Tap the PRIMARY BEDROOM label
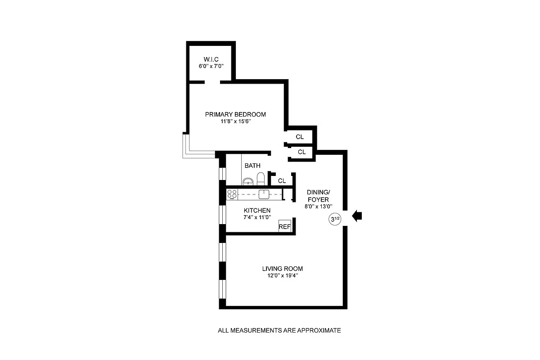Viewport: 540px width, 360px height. [x=235, y=114]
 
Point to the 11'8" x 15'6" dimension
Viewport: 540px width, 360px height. [x=235, y=121]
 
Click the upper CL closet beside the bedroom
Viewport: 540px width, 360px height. [x=300, y=136]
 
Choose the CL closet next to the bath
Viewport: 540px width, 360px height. [x=282, y=180]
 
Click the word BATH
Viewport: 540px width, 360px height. [x=252, y=166]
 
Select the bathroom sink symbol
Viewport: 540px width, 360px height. [x=248, y=181]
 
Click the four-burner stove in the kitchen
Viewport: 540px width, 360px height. [x=232, y=194]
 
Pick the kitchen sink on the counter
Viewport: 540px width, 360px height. [x=264, y=194]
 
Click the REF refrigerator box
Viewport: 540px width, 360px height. [x=284, y=226]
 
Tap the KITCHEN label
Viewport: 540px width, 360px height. [x=257, y=210]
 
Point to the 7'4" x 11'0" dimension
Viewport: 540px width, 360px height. [x=257, y=217]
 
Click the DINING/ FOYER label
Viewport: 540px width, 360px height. [x=318, y=195]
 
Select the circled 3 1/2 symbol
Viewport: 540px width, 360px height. [x=335, y=220]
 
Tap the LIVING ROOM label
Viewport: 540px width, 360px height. [x=283, y=269]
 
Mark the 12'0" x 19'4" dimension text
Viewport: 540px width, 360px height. [x=283, y=276]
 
